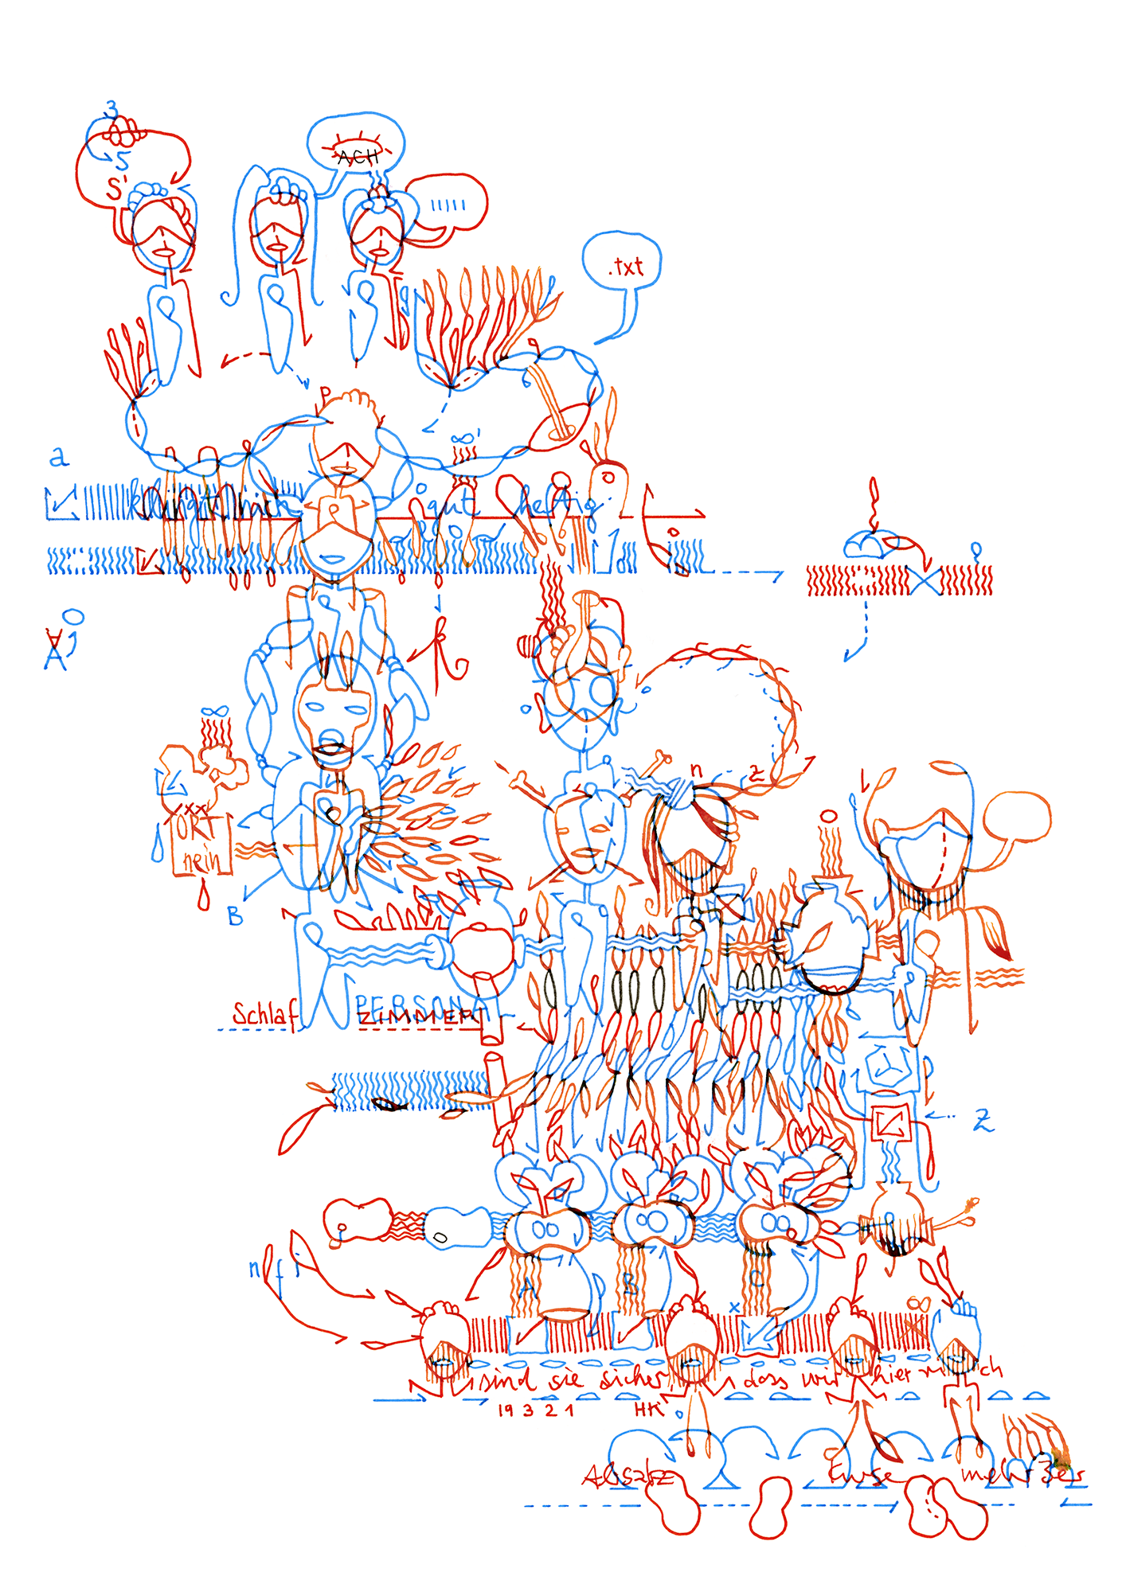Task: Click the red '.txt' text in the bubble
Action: (627, 267)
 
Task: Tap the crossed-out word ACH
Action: (358, 157)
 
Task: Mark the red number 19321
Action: (535, 1411)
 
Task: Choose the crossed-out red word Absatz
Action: (628, 1477)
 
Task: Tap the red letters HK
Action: (648, 1410)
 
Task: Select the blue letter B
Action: (235, 917)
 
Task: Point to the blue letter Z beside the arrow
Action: (983, 1121)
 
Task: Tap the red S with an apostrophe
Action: (115, 189)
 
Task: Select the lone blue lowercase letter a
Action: (59, 458)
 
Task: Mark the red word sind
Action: (507, 1383)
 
